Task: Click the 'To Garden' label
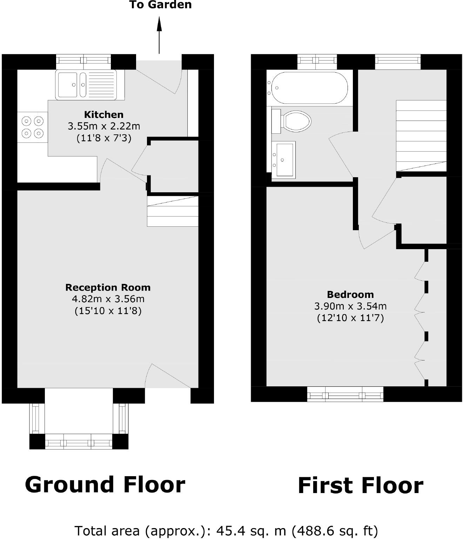pos(160,5)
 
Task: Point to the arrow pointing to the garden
pos(159,35)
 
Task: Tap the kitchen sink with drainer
pos(86,85)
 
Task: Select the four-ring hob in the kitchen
pos(33,127)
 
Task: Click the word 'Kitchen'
pos(104,115)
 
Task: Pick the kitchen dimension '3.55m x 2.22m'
pos(104,126)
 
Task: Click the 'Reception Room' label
pos(108,287)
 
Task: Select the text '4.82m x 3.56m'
pos(108,299)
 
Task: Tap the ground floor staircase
pos(173,211)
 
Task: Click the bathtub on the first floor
pos(308,88)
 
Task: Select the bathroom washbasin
pos(284,160)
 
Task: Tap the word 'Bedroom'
pos(350,294)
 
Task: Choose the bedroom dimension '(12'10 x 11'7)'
pos(350,318)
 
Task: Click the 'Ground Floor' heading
pos(105,485)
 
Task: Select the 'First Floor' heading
pos(361,486)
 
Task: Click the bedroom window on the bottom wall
pos(345,394)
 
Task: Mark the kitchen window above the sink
pos(83,62)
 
